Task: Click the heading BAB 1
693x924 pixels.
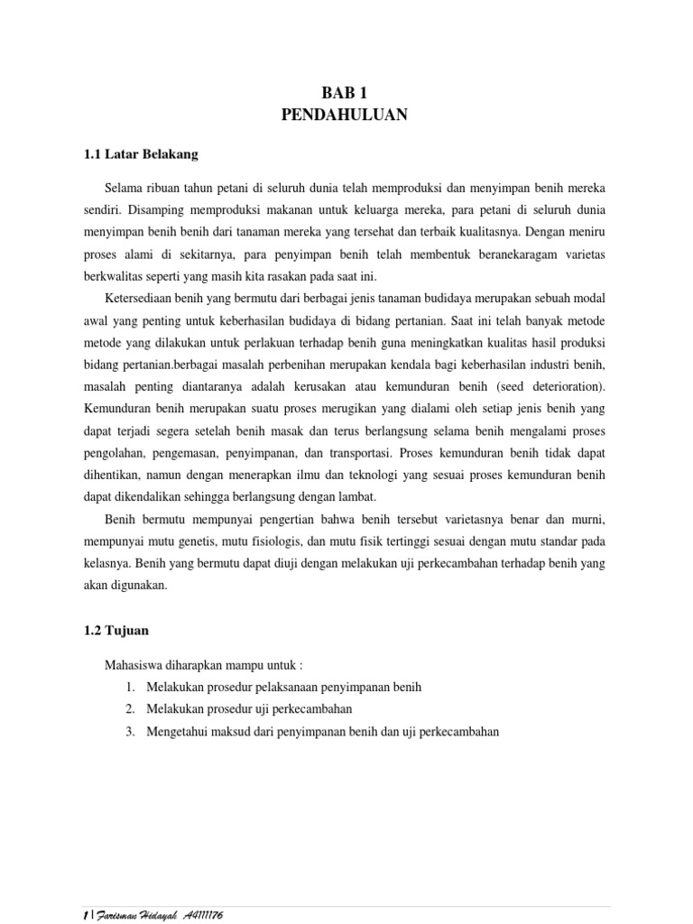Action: [x=346, y=92]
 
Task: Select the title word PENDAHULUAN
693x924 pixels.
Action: [x=346, y=115]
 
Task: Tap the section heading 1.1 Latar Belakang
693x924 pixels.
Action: [x=140, y=154]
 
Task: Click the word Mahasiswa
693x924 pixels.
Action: [x=136, y=665]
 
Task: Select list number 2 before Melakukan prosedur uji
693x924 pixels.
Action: [x=131, y=709]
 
